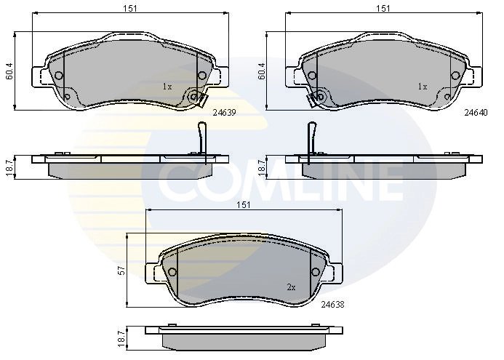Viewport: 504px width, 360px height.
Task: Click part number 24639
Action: point(224,113)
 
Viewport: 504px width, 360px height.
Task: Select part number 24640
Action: point(476,112)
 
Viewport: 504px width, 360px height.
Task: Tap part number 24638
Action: point(332,304)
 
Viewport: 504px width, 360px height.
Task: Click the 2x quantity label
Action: point(291,287)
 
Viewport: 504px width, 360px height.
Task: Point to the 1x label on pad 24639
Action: point(167,87)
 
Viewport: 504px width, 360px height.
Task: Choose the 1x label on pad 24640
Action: point(423,87)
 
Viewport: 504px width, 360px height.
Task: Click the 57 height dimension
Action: point(121,271)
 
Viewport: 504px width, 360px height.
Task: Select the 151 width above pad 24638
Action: point(244,205)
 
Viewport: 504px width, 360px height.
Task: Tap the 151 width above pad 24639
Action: point(130,8)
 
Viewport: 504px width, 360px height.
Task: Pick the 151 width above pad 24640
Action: point(383,8)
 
